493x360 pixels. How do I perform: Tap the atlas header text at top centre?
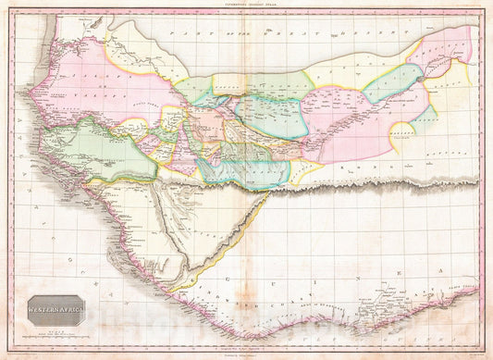246,5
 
